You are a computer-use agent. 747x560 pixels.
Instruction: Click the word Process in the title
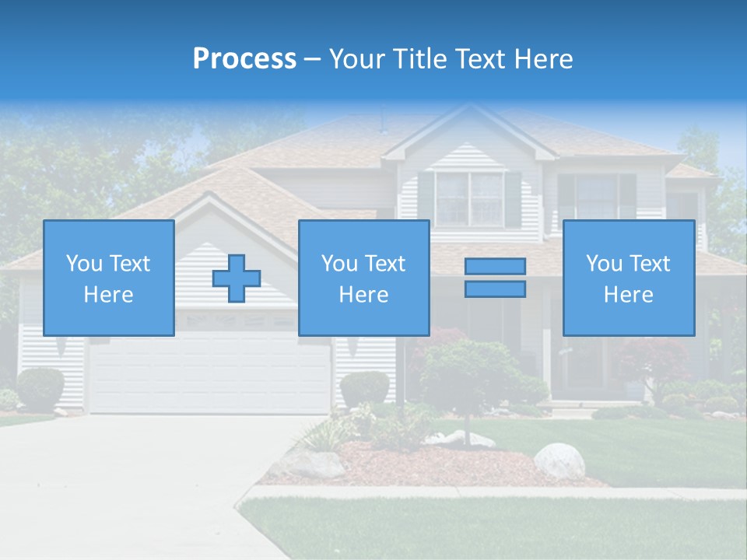pos(244,59)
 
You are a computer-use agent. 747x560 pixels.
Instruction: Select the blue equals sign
pos(495,278)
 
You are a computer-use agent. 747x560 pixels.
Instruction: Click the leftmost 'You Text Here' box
pos(109,278)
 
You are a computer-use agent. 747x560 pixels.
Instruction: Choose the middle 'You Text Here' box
pos(364,278)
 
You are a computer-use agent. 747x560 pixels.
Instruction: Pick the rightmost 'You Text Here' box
pos(629,278)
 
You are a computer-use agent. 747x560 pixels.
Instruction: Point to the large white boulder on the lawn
pos(559,460)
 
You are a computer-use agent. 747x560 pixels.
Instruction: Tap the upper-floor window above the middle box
pos(469,198)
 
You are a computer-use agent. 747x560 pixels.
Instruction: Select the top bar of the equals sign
pos(495,267)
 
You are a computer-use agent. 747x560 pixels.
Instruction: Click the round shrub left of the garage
pos(40,387)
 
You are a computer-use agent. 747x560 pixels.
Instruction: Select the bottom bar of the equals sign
pos(495,289)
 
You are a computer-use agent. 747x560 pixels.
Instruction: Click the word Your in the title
pos(357,59)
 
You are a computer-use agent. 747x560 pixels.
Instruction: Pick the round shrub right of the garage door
pos(364,387)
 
